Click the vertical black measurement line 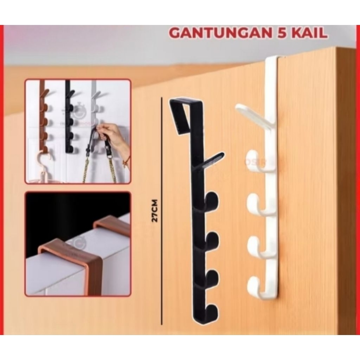162,211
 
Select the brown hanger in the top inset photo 44,116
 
